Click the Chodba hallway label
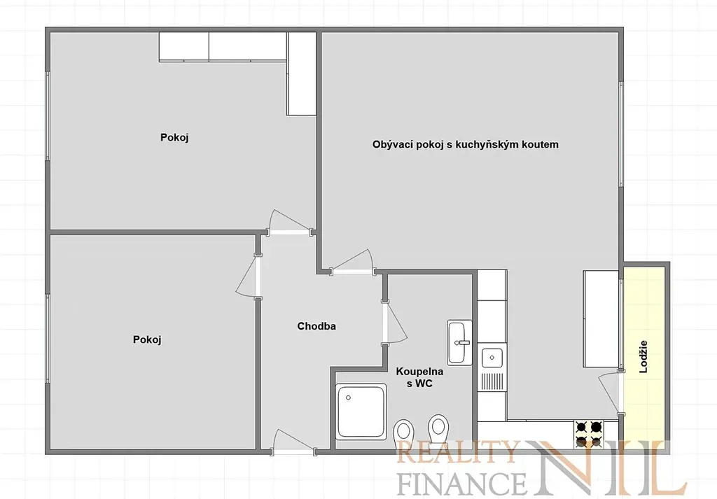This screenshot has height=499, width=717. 316,326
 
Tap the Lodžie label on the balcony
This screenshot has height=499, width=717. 643,356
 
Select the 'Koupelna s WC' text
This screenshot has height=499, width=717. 419,377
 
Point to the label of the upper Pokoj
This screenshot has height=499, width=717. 174,138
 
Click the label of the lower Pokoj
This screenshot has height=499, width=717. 147,339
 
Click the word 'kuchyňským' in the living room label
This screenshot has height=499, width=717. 493,145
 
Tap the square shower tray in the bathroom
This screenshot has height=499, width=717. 361,412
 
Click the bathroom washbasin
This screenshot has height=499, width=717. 459,342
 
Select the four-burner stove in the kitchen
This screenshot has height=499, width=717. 589,433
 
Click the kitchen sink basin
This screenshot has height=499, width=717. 492,358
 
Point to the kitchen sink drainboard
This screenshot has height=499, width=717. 492,381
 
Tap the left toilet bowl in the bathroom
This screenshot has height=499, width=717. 404,433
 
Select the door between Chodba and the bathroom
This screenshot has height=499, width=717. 394,322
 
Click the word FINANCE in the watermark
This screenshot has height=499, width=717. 462,483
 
